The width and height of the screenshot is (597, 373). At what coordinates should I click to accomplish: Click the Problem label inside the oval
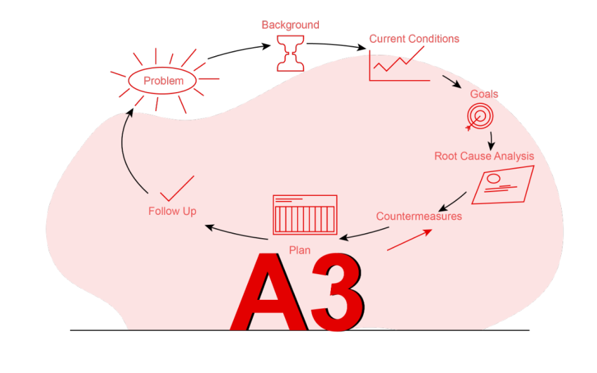(164, 81)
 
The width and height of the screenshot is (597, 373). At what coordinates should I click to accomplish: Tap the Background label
(290, 25)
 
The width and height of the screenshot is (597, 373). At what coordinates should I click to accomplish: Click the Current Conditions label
(414, 39)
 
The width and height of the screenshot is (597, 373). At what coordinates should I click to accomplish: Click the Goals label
(484, 94)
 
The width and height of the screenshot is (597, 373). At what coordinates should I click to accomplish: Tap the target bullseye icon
(481, 115)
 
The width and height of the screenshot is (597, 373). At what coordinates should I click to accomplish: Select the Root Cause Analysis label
(484, 156)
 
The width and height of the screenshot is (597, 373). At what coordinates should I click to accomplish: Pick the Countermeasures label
(419, 216)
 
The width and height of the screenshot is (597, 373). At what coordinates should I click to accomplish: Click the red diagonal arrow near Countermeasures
(409, 240)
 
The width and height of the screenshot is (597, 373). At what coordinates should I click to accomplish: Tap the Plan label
(300, 250)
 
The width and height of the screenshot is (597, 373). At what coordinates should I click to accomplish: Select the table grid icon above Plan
(305, 214)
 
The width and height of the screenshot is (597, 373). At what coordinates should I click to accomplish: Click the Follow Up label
(172, 211)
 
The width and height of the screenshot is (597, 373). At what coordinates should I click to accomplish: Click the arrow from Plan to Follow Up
(235, 233)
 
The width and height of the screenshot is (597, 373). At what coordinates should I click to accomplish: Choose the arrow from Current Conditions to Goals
(451, 79)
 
